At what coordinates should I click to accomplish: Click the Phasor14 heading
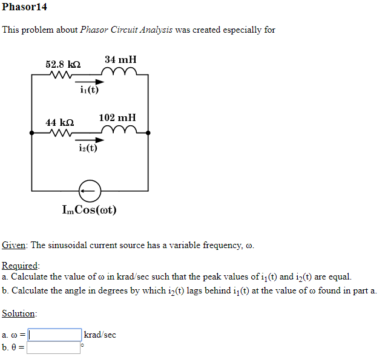tap(25, 7)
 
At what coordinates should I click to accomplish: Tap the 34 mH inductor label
tap(120, 59)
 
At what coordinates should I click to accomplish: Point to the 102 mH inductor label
tap(117, 117)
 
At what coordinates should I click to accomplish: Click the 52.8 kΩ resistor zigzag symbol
tap(61, 76)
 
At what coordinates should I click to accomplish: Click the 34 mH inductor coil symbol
tap(122, 73)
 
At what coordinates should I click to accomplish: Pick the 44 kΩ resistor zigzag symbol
tap(61, 133)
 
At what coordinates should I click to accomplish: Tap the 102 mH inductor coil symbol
tap(120, 131)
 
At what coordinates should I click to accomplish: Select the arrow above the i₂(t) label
tap(89, 139)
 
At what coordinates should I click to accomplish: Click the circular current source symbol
tap(90, 191)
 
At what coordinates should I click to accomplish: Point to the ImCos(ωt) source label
tap(90, 210)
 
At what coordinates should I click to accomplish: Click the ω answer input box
tap(54, 335)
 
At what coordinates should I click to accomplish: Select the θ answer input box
tap(53, 347)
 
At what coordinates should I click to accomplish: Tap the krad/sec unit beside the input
tap(100, 335)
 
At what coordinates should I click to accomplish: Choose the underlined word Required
tap(20, 266)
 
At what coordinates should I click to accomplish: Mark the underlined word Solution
tap(18, 313)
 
